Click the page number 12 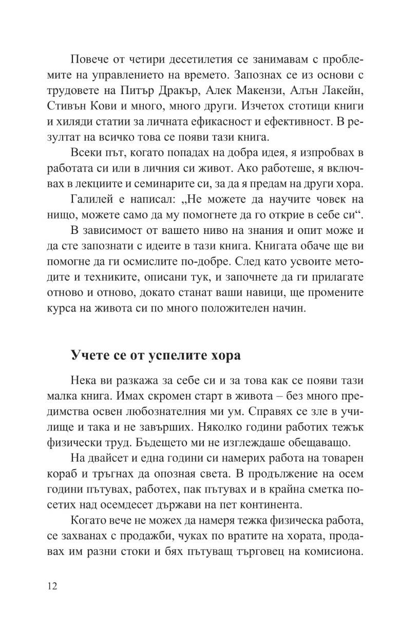52,587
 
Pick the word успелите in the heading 152,355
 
